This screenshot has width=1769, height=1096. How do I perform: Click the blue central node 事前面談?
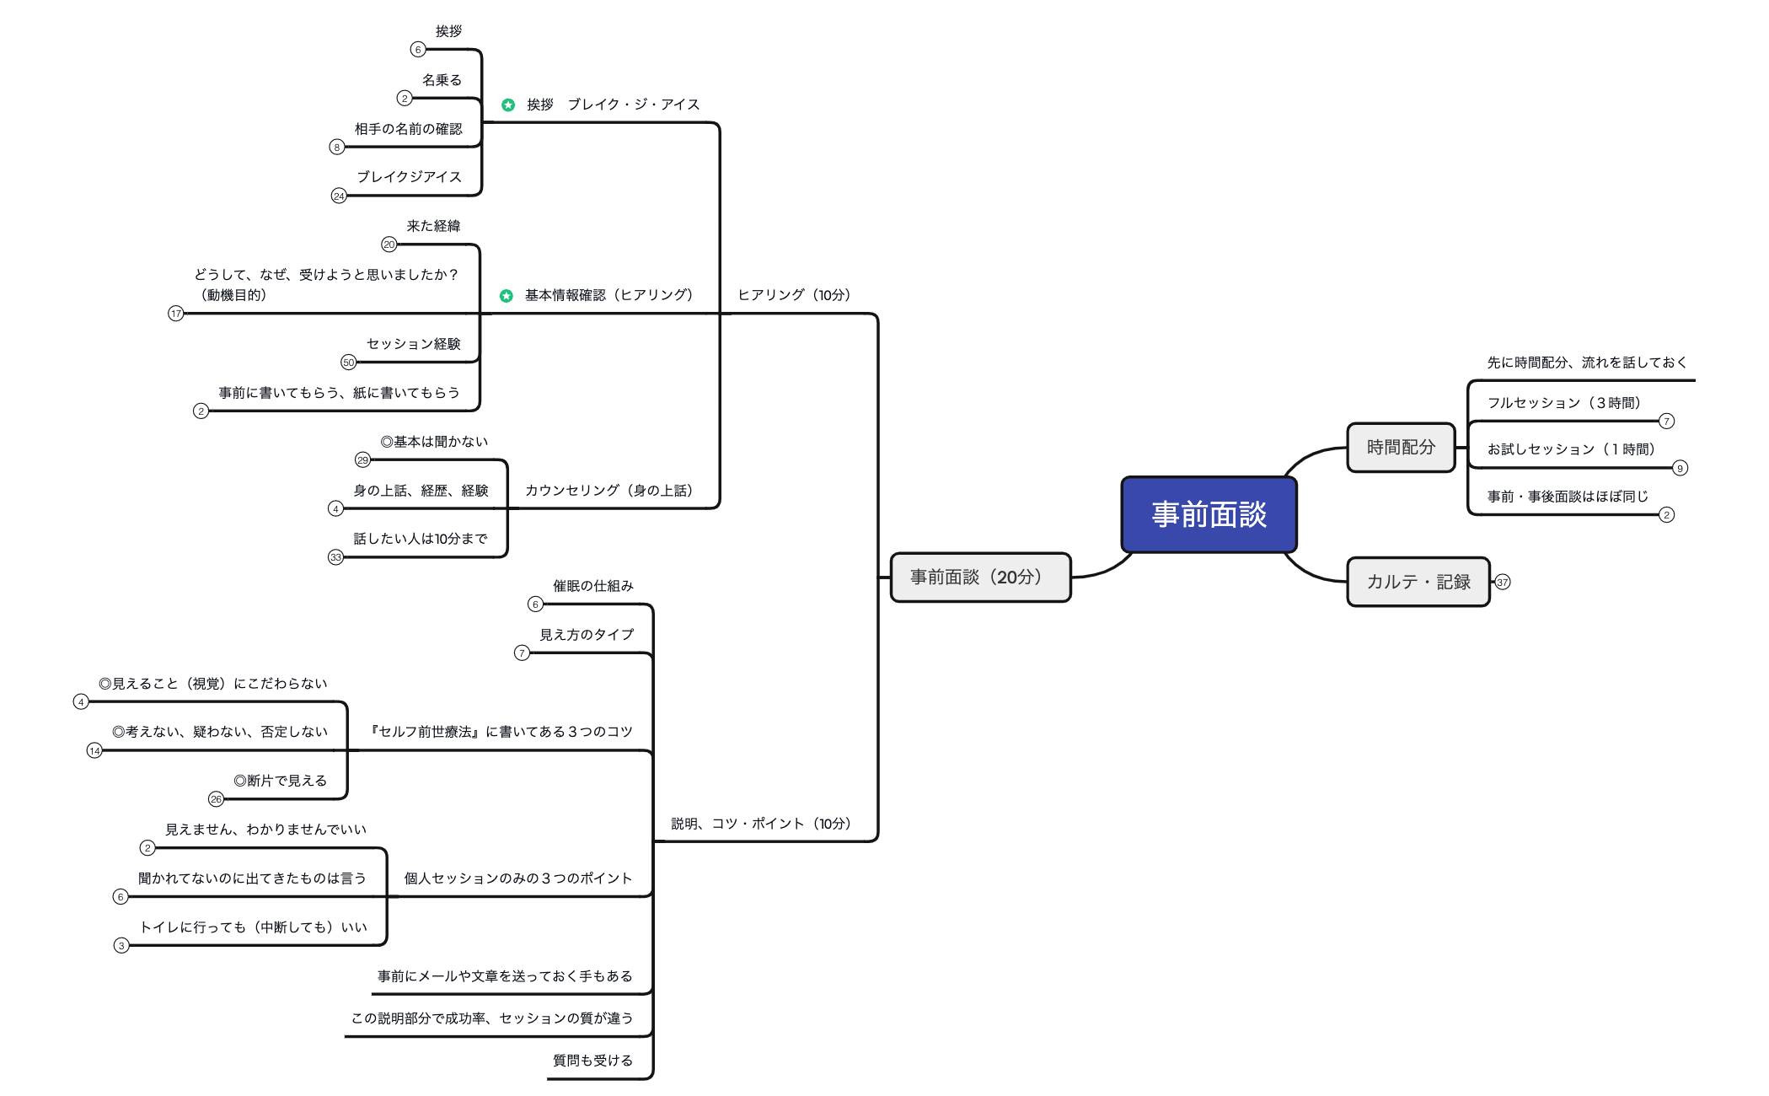point(1209,514)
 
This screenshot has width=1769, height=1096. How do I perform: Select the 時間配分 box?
point(1401,447)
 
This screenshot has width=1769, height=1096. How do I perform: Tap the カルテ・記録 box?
point(1418,582)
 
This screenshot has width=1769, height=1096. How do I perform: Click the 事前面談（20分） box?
point(980,578)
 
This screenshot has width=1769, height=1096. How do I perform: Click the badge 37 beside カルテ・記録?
point(1503,582)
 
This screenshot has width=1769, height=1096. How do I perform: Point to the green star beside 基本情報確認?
point(507,296)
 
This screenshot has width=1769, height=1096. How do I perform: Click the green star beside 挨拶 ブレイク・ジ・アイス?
point(508,105)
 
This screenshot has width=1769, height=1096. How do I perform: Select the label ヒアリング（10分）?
point(794,295)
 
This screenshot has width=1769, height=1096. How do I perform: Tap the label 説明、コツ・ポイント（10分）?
point(761,824)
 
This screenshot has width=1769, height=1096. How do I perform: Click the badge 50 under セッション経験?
point(349,363)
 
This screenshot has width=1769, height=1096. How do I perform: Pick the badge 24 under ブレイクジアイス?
point(339,196)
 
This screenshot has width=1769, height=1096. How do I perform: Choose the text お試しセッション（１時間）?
point(1571,449)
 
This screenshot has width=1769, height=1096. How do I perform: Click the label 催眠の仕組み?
point(592,586)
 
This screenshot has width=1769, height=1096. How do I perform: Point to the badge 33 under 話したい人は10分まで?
point(336,557)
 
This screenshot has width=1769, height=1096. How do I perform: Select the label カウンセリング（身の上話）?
point(608,491)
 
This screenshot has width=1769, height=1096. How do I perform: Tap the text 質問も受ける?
point(592,1061)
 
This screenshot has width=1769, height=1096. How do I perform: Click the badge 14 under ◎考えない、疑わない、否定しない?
point(94,750)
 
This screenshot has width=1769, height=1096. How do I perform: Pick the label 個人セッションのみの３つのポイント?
point(517,878)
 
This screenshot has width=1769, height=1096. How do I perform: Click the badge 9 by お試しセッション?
point(1680,468)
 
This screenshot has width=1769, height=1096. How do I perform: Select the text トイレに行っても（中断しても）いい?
point(254,927)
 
